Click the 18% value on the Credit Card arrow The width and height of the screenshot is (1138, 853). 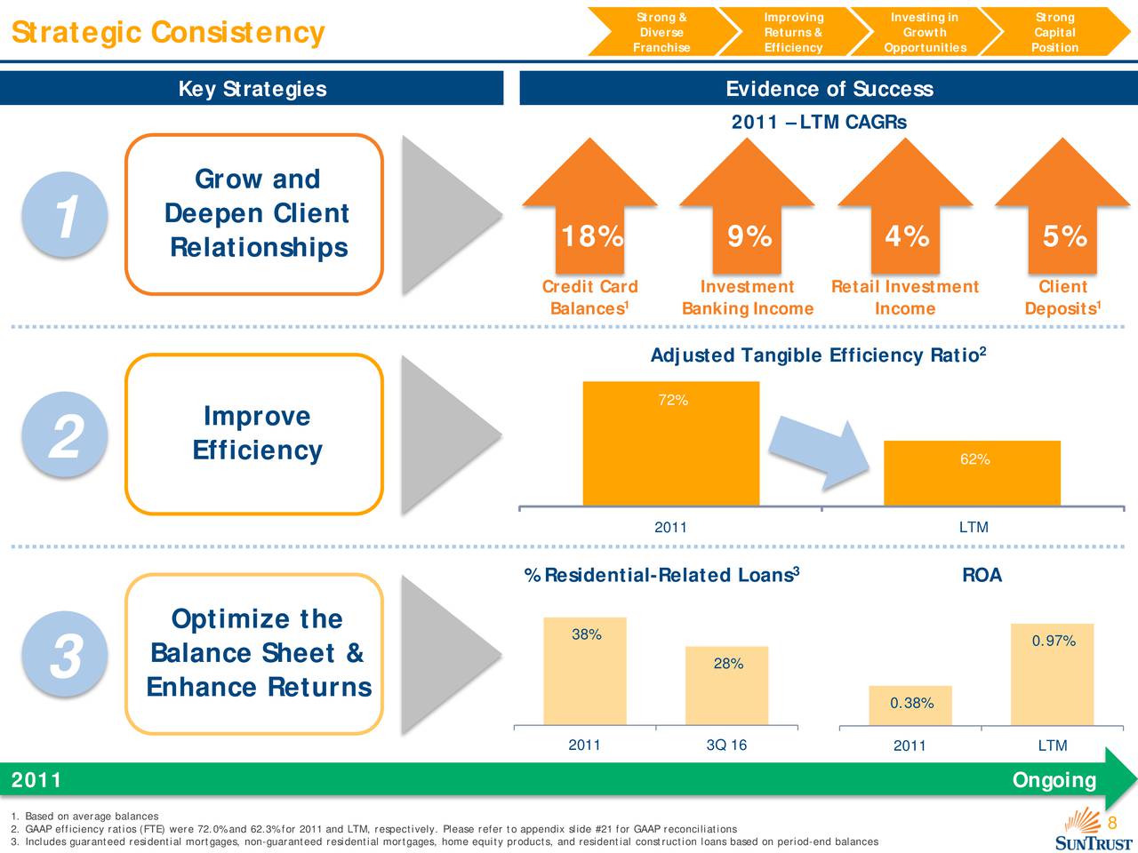(593, 235)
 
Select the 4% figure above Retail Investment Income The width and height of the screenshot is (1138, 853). (907, 235)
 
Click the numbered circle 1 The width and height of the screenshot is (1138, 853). (65, 215)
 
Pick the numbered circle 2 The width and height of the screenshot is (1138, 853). (65, 434)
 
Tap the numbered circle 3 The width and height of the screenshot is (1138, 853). (65, 654)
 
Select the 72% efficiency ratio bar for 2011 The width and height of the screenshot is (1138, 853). (671, 443)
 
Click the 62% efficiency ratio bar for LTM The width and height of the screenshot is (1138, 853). (972, 473)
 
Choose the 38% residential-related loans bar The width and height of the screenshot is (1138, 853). (585, 671)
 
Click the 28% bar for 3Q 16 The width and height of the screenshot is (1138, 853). (727, 686)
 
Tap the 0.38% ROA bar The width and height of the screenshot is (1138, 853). (910, 706)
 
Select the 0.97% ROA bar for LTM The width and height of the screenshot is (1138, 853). (1053, 674)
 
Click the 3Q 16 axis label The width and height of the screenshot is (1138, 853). (726, 745)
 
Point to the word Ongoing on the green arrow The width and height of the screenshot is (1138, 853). (1054, 780)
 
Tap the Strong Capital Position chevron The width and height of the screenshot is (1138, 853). (1055, 32)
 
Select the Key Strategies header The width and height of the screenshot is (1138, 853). (252, 89)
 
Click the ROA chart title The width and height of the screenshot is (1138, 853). (982, 575)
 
